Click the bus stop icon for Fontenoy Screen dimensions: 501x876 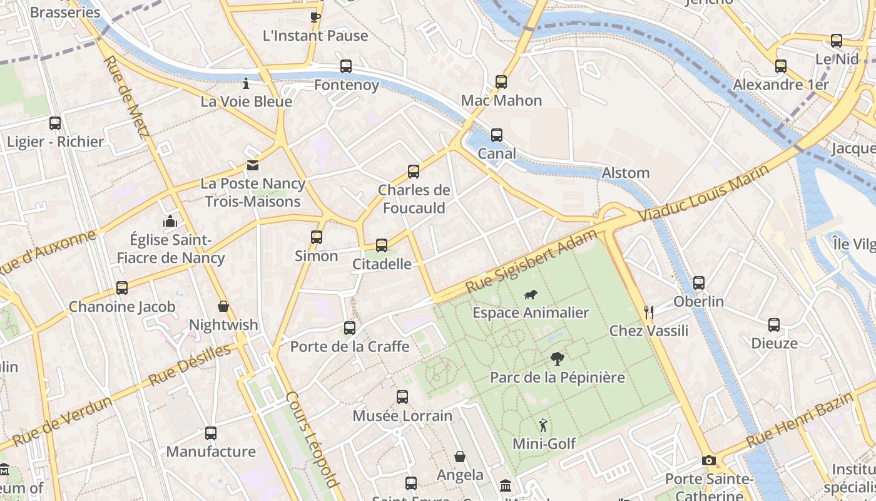(x=346, y=66)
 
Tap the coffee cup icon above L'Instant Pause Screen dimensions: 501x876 (x=315, y=17)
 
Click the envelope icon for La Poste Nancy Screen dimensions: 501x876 (x=252, y=165)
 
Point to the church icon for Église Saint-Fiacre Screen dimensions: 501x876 (x=170, y=221)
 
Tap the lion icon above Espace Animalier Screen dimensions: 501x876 (x=531, y=294)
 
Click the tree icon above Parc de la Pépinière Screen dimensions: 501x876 (x=557, y=359)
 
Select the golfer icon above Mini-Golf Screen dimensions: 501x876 (x=543, y=425)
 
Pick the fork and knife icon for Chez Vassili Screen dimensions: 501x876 (x=649, y=312)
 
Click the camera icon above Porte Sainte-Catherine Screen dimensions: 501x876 (x=708, y=461)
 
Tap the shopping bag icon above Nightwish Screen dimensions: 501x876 (x=223, y=306)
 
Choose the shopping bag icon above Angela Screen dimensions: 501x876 (x=460, y=457)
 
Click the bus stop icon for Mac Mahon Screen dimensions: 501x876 (x=501, y=81)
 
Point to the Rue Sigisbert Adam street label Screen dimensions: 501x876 (x=532, y=262)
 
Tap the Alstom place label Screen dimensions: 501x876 (x=626, y=173)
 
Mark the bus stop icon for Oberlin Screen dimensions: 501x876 (x=699, y=283)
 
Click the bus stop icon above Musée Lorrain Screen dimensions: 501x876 (x=402, y=397)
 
